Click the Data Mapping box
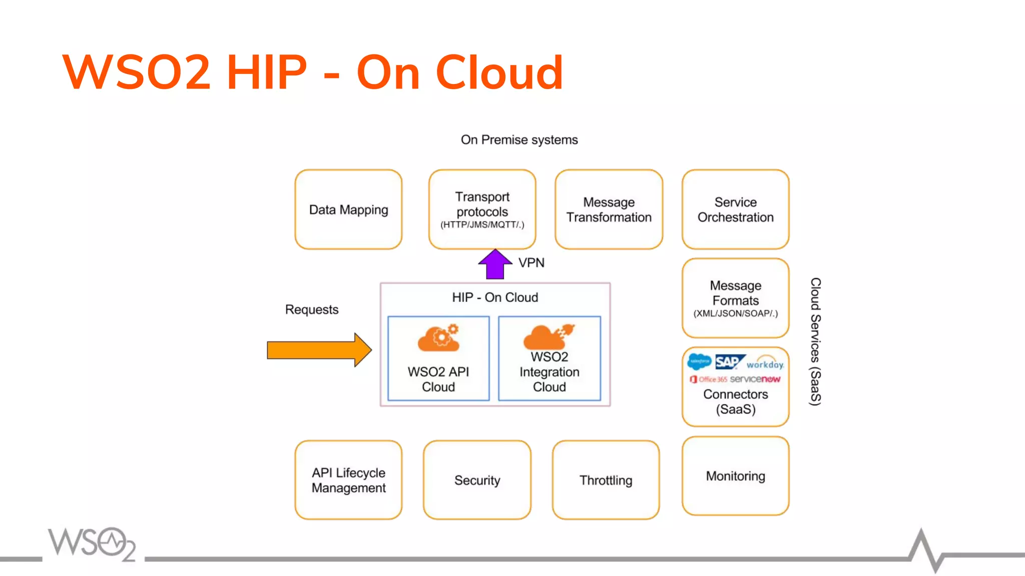tap(348, 209)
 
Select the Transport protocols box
tap(482, 209)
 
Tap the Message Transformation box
tap(609, 209)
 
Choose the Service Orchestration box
tap(735, 209)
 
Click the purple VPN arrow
tap(495, 265)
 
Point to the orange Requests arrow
tap(318, 350)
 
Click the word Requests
tap(312, 309)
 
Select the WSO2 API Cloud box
tap(438, 358)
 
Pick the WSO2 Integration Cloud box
tap(550, 358)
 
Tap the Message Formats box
tap(735, 298)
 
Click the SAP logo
tap(728, 361)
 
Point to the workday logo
tap(765, 363)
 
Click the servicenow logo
tap(755, 379)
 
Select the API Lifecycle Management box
tap(348, 480)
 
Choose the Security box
tap(477, 480)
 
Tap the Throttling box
tap(606, 480)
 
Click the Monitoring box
tap(735, 476)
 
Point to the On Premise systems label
tap(519, 139)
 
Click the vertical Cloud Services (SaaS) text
tap(815, 341)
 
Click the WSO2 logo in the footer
tap(92, 543)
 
